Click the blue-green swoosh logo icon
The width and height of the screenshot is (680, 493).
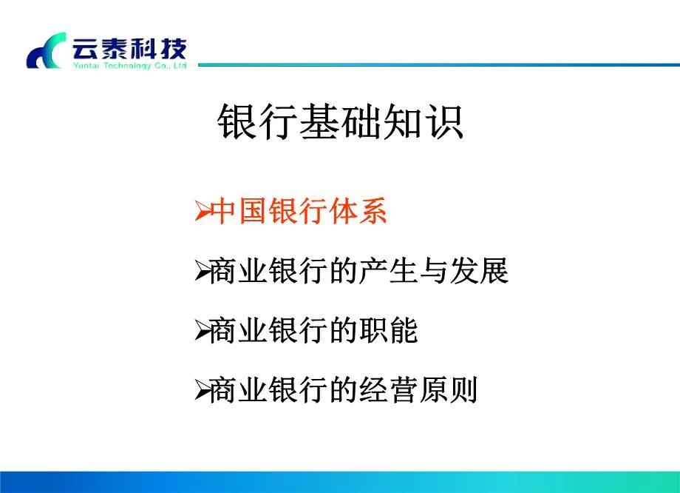click(47, 52)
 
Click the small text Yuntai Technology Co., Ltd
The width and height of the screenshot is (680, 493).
click(129, 65)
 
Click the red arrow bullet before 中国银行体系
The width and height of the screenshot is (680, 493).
click(202, 213)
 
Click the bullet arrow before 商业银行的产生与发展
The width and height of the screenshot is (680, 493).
click(202, 272)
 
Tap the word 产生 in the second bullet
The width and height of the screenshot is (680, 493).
click(389, 272)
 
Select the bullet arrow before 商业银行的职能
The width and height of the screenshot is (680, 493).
click(202, 332)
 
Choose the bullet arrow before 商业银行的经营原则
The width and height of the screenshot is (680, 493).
click(202, 391)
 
